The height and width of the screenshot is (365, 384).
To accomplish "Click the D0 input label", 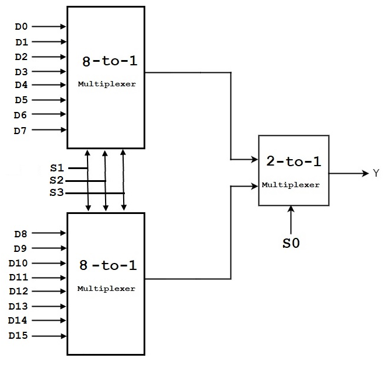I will [21, 27].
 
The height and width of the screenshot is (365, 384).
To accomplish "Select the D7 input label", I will [21, 130].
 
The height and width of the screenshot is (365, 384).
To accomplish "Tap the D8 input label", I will [21, 234].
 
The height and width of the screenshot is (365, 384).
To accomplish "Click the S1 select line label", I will [57, 169].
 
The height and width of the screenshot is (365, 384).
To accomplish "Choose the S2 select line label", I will [57, 181].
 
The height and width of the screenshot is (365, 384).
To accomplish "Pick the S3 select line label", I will [57, 193].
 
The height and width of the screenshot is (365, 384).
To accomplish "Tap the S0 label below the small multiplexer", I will [291, 243].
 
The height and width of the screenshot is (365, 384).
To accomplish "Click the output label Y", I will [376, 173].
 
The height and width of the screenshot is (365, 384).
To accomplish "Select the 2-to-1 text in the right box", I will [294, 162].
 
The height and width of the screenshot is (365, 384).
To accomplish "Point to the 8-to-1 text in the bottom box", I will [109, 265].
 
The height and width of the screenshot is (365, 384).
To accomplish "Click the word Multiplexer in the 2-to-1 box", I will [291, 185].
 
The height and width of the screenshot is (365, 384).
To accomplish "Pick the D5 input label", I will [21, 100].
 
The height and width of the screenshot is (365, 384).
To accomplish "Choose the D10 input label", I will [19, 263].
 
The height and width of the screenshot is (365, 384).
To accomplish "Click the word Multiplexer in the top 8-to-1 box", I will [107, 84].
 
